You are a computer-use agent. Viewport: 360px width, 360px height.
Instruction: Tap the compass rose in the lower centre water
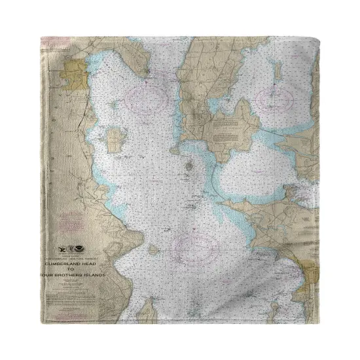point(195,249)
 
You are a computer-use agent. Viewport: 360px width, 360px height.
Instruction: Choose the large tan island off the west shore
point(116,139)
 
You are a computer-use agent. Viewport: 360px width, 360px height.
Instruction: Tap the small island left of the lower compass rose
point(153,249)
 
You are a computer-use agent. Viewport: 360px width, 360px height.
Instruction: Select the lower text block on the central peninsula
point(226,141)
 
